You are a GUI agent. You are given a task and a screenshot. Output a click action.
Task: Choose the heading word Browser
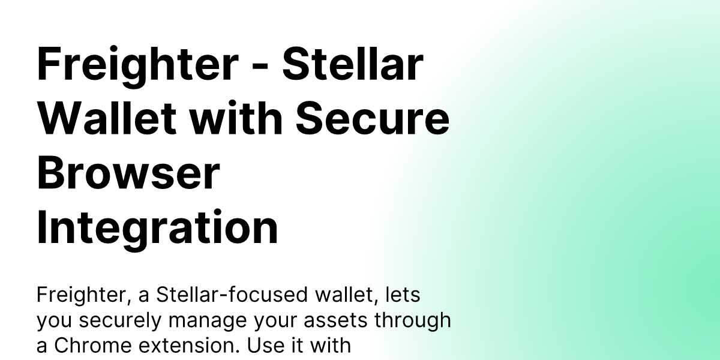coord(128,173)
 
